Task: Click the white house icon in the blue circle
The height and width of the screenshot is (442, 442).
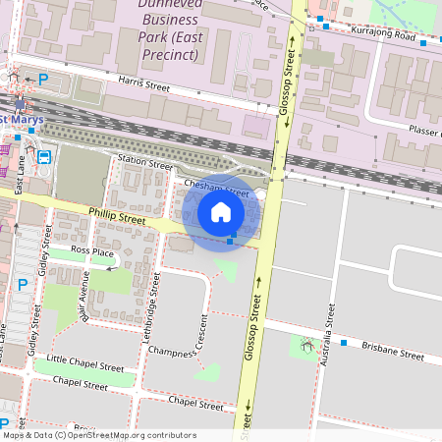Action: [x=221, y=212]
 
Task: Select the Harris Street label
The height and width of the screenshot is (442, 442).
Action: [x=142, y=86]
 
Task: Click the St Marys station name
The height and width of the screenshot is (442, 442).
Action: [x=18, y=120]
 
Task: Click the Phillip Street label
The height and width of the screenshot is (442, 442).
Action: [x=116, y=216]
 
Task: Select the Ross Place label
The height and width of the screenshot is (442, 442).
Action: [x=92, y=252]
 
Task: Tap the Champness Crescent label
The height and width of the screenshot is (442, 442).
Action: [x=193, y=343]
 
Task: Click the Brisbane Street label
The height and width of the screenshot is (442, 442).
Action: [x=392, y=351]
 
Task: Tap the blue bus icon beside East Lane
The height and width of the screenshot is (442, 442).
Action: [x=43, y=156]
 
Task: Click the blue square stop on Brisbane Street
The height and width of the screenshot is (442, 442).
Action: [x=344, y=342]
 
